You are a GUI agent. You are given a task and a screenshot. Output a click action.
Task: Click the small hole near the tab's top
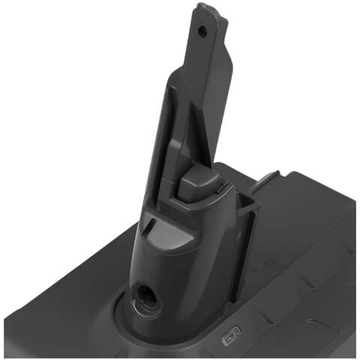(x=201, y=32)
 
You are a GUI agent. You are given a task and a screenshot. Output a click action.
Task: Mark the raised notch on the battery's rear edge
(x=268, y=180)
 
